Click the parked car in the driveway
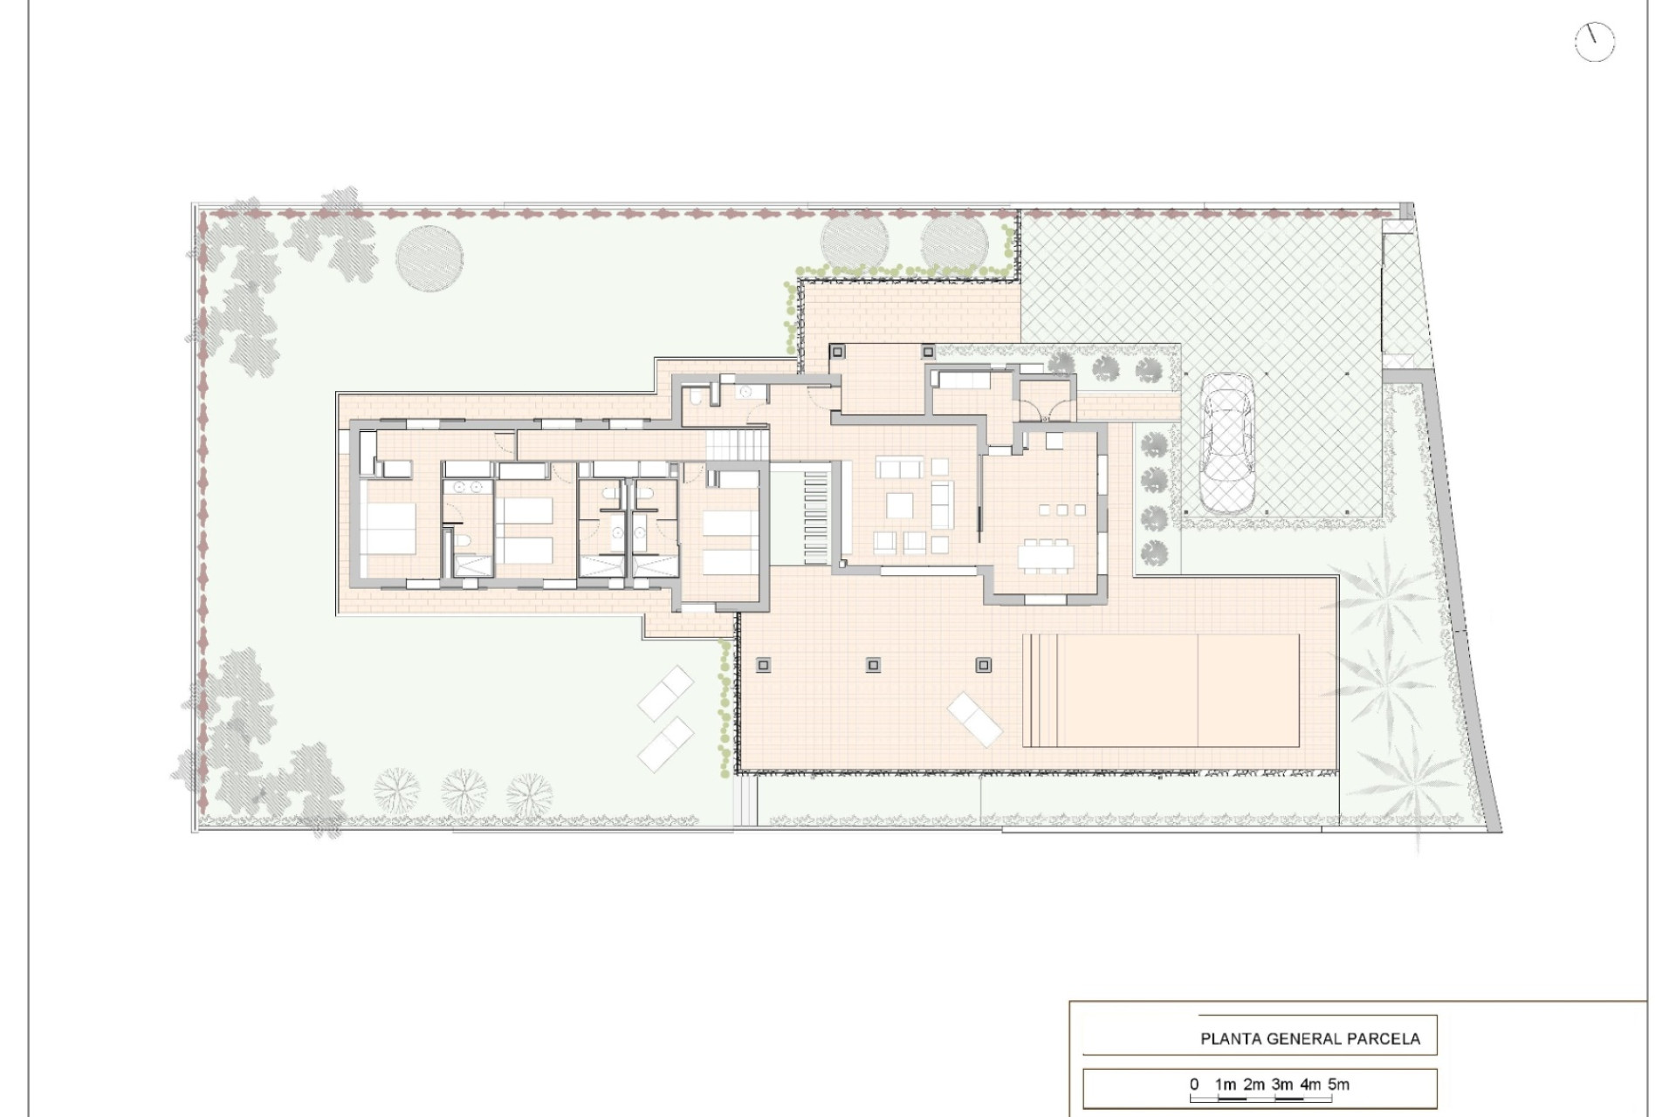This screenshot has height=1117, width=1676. pyautogui.click(x=1226, y=442)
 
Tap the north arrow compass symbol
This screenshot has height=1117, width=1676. pyautogui.click(x=1595, y=42)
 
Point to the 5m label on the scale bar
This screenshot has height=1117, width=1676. pyautogui.click(x=1338, y=1085)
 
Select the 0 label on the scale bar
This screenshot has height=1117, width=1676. pyautogui.click(x=1194, y=1085)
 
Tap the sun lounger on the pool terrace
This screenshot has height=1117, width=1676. pyautogui.click(x=975, y=718)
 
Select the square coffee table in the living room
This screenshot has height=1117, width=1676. pyautogui.click(x=900, y=505)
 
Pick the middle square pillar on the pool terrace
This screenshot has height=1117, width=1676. pyautogui.click(x=873, y=666)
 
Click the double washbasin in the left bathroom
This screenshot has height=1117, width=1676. pyautogui.click(x=469, y=488)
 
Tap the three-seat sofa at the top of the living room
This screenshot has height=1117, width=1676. pyautogui.click(x=900, y=469)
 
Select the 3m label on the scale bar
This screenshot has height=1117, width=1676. pyautogui.click(x=1281, y=1085)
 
